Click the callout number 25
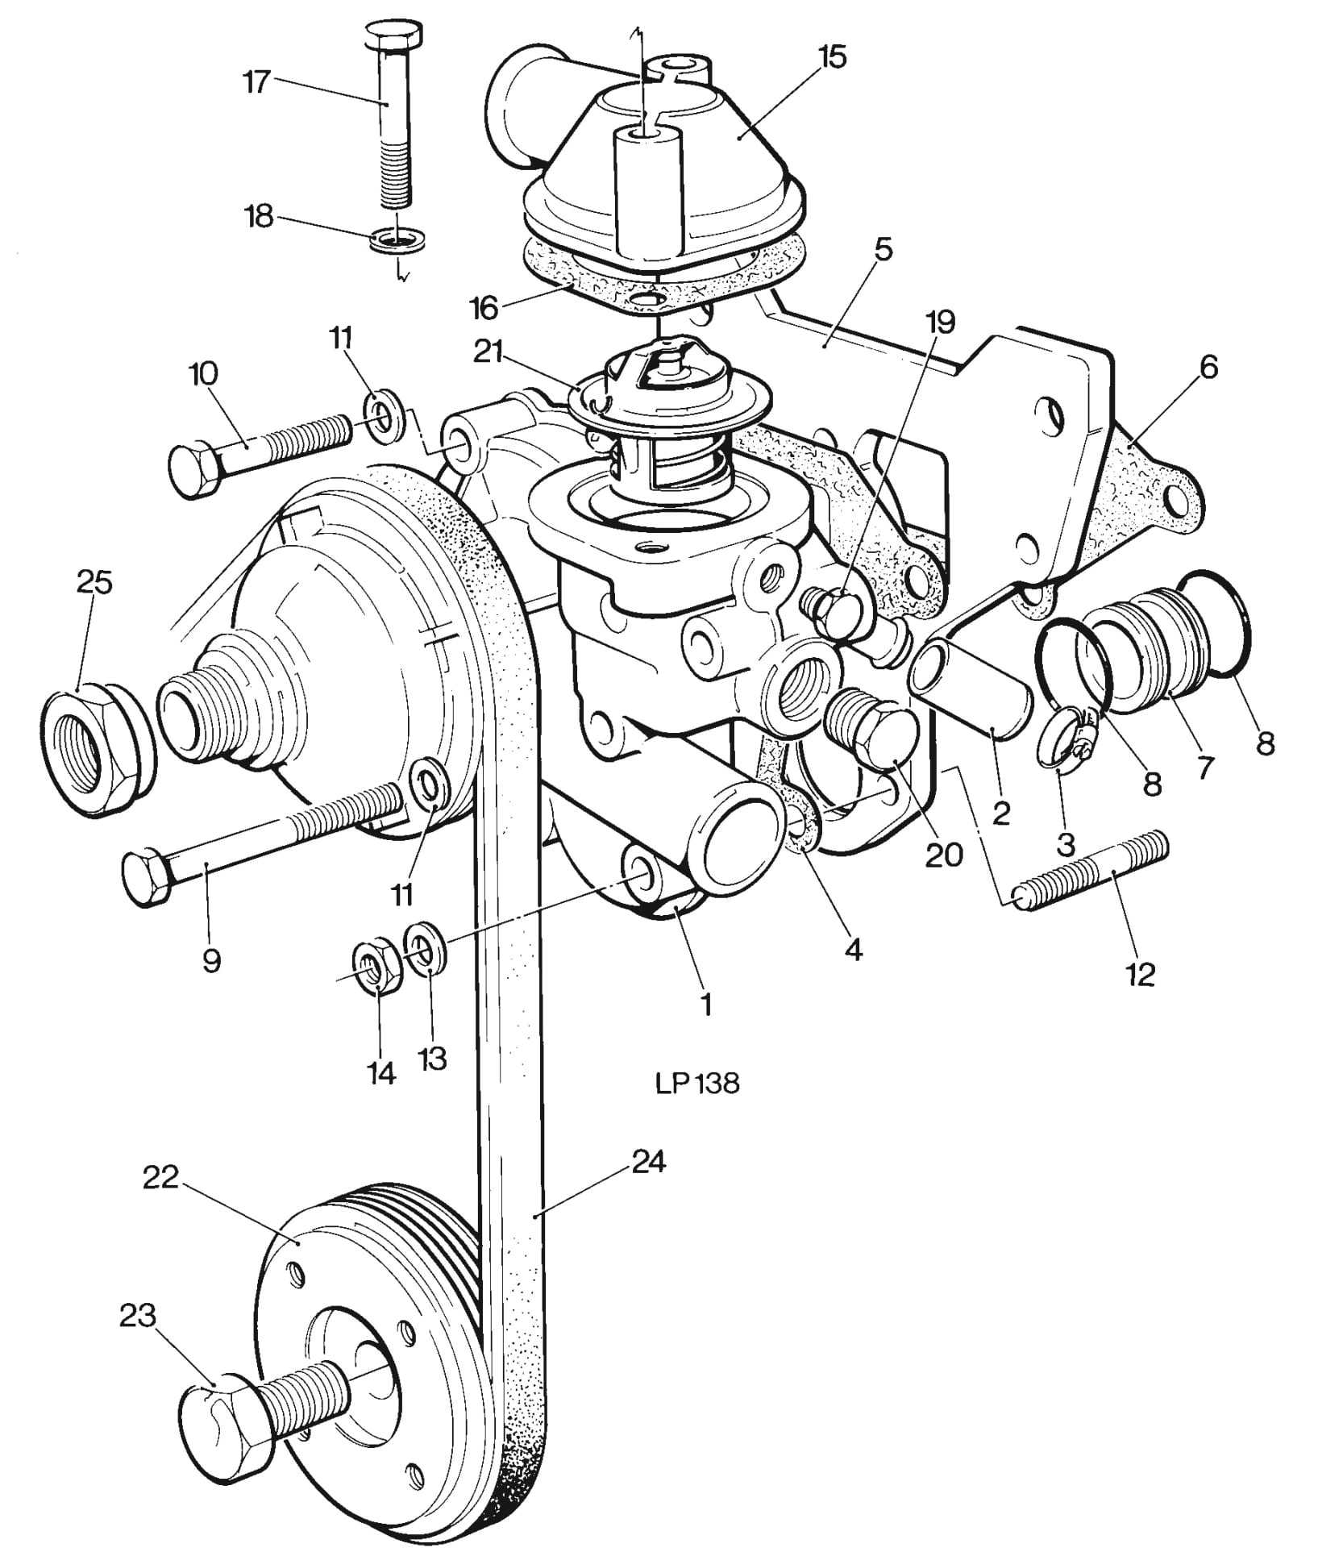[94, 581]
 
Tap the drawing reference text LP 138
[697, 1084]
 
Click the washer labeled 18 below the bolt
[398, 240]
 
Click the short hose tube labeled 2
[974, 685]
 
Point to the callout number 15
[832, 57]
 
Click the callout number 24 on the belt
[650, 1162]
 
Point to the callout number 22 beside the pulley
[160, 1177]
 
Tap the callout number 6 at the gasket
[1208, 368]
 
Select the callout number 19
[941, 322]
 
